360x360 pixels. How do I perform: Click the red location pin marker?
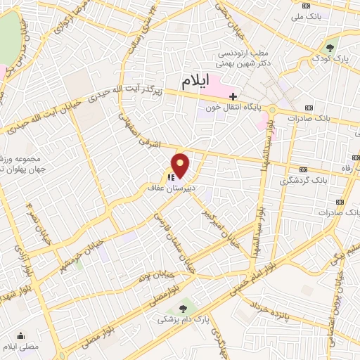pyautogui.click(x=181, y=166)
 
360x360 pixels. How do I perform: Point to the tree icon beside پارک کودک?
pyautogui.click(x=331, y=48)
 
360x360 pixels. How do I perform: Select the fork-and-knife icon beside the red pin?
pyautogui.click(x=170, y=177)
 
